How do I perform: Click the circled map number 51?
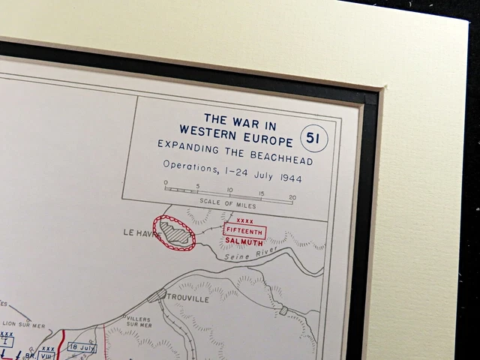point(313,139)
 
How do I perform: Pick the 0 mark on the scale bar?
point(166,182)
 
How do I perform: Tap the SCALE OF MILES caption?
point(229,202)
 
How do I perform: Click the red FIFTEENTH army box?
point(244,231)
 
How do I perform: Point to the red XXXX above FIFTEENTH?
point(244,221)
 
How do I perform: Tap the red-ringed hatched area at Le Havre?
point(175,232)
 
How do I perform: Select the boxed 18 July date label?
point(82,347)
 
